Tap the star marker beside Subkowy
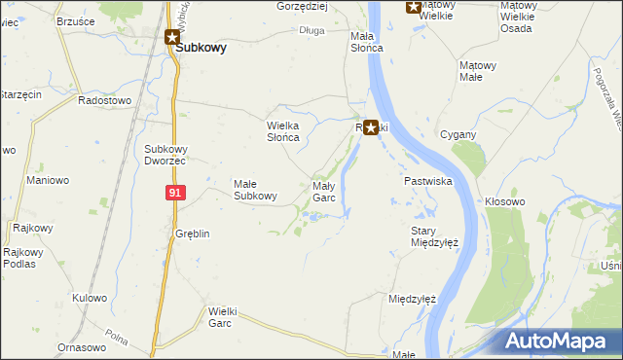point(171,38)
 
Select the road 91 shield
point(174,193)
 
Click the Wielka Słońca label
point(289,131)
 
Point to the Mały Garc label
point(323,191)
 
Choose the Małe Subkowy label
point(256,189)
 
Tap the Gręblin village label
point(192,234)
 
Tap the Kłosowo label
point(505,201)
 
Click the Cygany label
point(458,134)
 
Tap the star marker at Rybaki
point(371,126)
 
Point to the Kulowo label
point(89,298)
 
